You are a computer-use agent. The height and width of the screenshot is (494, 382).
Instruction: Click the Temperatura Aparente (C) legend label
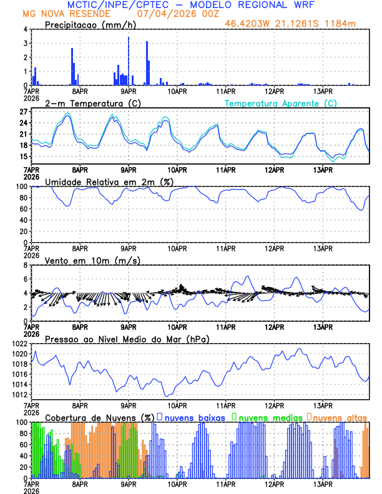click(x=280, y=103)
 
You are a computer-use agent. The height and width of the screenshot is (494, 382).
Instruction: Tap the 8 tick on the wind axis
click(x=25, y=265)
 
